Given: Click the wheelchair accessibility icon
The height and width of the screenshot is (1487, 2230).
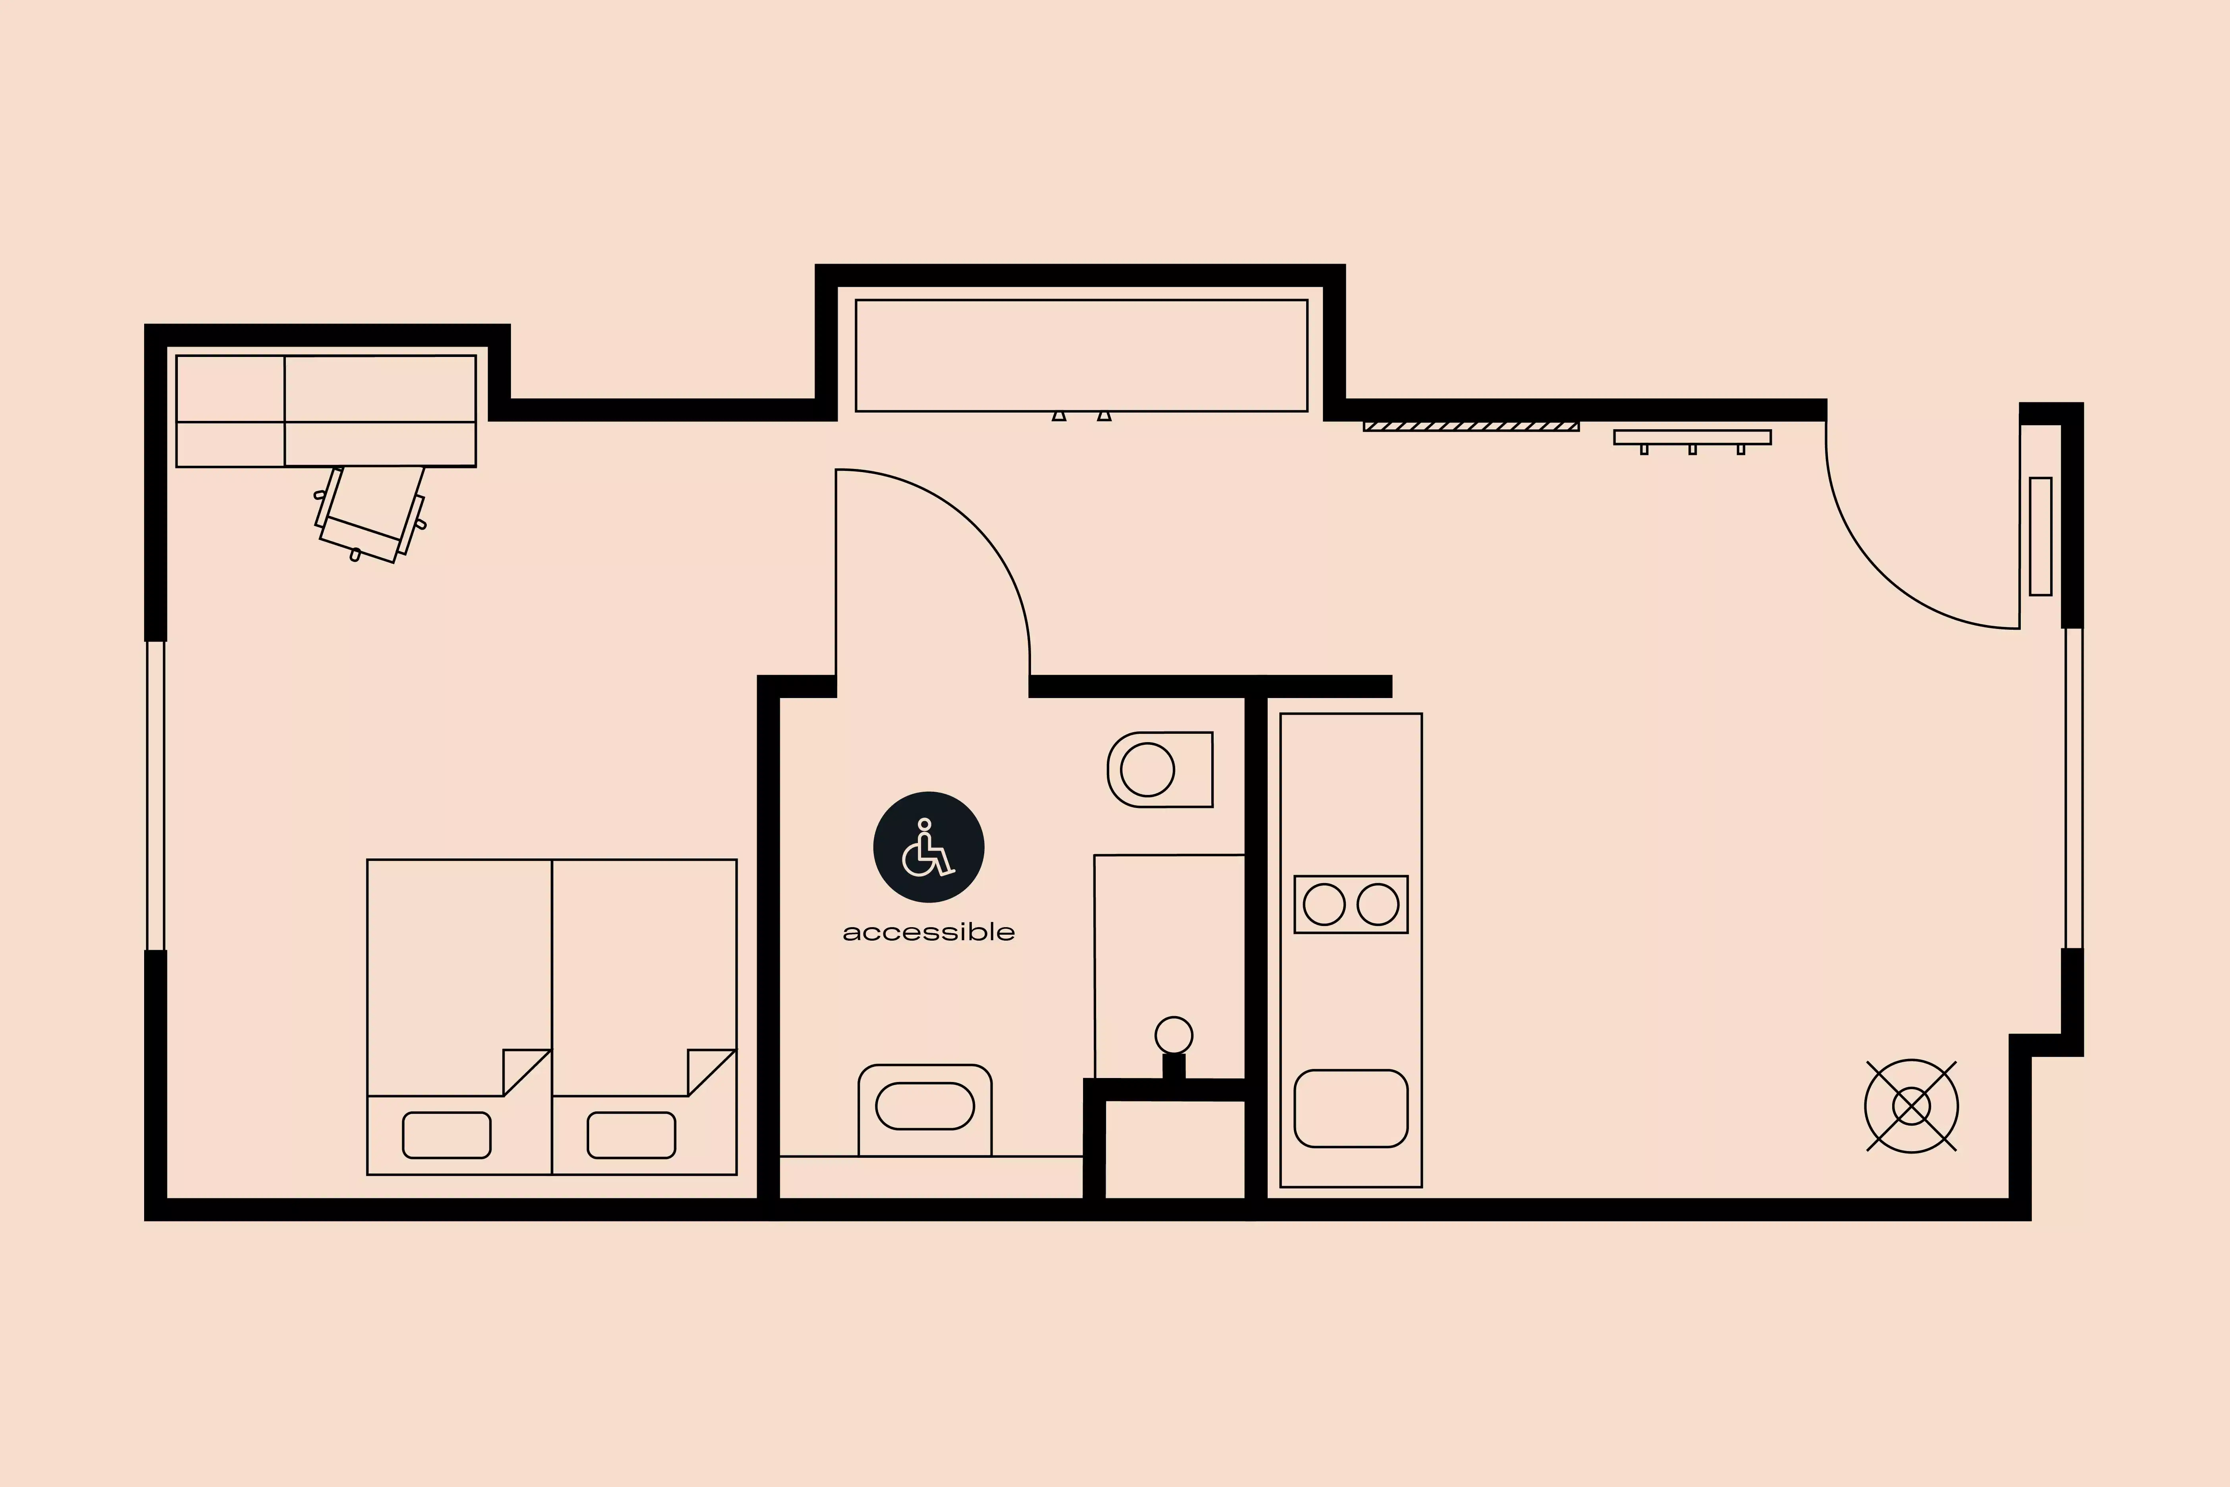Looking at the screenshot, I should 928,847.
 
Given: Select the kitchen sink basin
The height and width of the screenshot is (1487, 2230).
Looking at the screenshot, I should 1350,1109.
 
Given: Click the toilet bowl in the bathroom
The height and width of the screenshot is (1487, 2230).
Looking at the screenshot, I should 1147,769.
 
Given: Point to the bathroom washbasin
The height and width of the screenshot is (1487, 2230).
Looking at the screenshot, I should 924,1106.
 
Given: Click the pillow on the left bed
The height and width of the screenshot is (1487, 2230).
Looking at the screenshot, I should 447,1135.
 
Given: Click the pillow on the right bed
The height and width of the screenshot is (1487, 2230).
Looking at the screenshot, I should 632,1135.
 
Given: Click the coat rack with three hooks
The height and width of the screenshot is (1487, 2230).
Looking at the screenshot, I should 1692,438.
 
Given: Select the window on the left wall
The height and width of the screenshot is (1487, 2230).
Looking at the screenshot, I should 156,795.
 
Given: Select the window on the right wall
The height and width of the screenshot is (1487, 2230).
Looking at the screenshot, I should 2074,787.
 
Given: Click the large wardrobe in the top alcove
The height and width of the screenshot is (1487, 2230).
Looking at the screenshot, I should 1081,356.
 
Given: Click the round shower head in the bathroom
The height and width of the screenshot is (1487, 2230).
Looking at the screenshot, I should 1174,1035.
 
